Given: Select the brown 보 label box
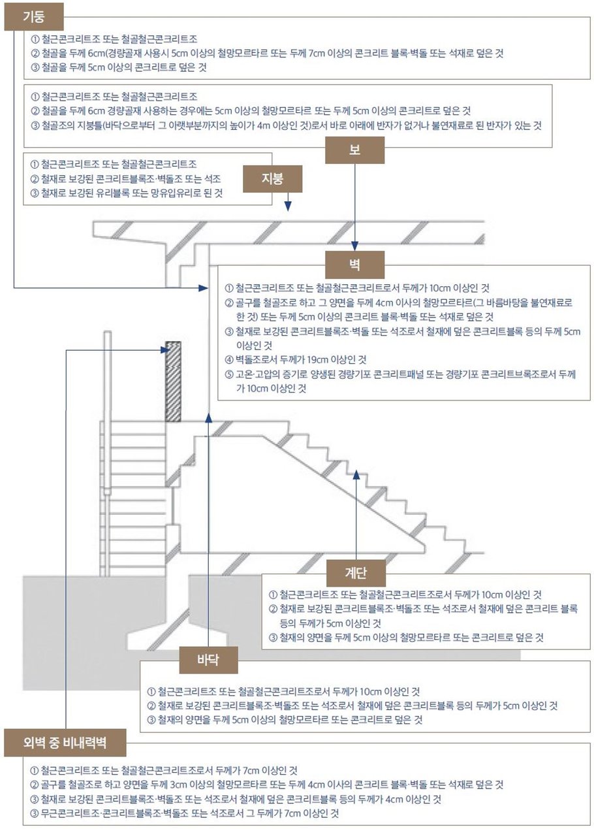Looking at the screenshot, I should pyautogui.click(x=354, y=149).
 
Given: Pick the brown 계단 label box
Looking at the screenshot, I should pyautogui.click(x=356, y=572).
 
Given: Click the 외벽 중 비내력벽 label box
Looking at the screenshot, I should pyautogui.click(x=65, y=743).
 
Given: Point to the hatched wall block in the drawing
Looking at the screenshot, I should pyautogui.click(x=172, y=382).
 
